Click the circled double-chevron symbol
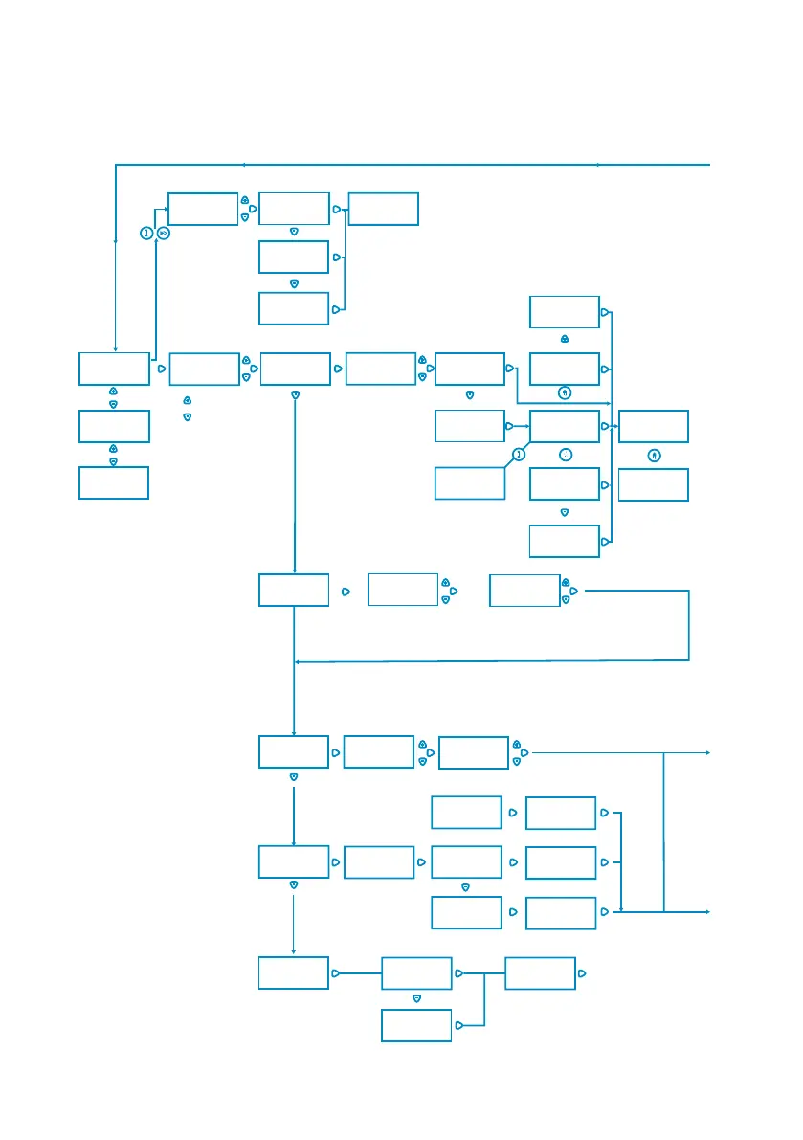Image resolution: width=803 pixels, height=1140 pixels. pyautogui.click(x=163, y=233)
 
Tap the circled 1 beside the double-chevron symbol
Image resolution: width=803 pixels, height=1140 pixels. pyautogui.click(x=146, y=233)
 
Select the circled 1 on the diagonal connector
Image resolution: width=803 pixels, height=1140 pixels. pyautogui.click(x=518, y=454)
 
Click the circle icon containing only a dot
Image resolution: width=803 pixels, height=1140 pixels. pyautogui.click(x=565, y=454)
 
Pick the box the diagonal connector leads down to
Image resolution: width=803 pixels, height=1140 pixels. pyautogui.click(x=469, y=483)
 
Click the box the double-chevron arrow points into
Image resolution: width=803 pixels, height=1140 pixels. pyautogui.click(x=203, y=209)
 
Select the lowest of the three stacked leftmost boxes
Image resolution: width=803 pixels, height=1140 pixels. pyautogui.click(x=114, y=482)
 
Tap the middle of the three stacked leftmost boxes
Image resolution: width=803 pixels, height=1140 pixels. pyautogui.click(x=114, y=426)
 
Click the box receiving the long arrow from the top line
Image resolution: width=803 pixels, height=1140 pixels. pyautogui.click(x=114, y=369)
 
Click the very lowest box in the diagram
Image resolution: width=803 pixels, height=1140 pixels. pyautogui.click(x=416, y=1024)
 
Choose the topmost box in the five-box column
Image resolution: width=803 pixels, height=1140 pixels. pyautogui.click(x=565, y=312)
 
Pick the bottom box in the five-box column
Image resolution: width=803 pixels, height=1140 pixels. pyautogui.click(x=565, y=541)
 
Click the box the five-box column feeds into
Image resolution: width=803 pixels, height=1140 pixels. pyautogui.click(x=654, y=426)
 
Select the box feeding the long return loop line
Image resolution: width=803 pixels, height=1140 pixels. pyautogui.click(x=524, y=591)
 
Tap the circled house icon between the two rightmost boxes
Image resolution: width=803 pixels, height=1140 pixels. pyautogui.click(x=654, y=456)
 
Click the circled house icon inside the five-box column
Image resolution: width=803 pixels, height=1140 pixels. pyautogui.click(x=565, y=392)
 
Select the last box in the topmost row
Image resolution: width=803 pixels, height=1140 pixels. pyautogui.click(x=384, y=209)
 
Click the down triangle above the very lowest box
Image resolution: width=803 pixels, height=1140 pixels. pyautogui.click(x=416, y=997)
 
